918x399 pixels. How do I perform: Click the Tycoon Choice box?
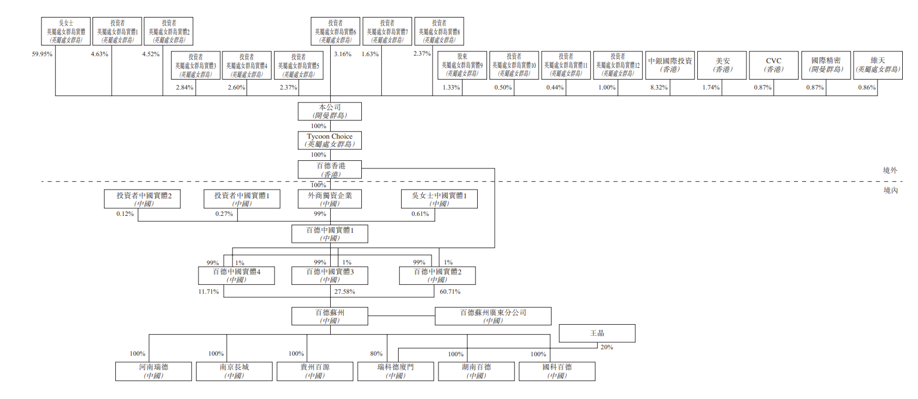pyautogui.click(x=330, y=140)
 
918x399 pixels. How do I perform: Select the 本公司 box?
pyautogui.click(x=330, y=111)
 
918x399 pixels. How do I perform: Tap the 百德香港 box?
pyautogui.click(x=330, y=169)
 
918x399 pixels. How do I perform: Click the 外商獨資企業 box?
pyautogui.click(x=330, y=199)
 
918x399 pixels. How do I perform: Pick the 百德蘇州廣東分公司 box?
pyautogui.click(x=493, y=317)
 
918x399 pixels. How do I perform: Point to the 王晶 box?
pyautogui.click(x=597, y=333)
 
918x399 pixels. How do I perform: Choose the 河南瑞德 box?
pyautogui.click(x=153, y=371)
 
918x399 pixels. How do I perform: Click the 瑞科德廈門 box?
pyautogui.click(x=395, y=371)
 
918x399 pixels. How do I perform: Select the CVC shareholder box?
pyautogui.click(x=773, y=64)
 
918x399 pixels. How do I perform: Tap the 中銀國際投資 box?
pyautogui.click(x=670, y=64)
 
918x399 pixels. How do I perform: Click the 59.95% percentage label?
pyautogui.click(x=42, y=54)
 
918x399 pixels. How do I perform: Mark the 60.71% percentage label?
pyautogui.click(x=450, y=291)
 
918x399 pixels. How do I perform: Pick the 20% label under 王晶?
pyautogui.click(x=607, y=347)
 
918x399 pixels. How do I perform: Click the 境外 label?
pyautogui.click(x=890, y=170)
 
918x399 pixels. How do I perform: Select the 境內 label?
pyautogui.click(x=890, y=190)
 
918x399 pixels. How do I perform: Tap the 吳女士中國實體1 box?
pyautogui.click(x=439, y=199)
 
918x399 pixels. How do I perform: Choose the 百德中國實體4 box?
pyautogui.click(x=236, y=276)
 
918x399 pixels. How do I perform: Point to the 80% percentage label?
pyautogui.click(x=376, y=353)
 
